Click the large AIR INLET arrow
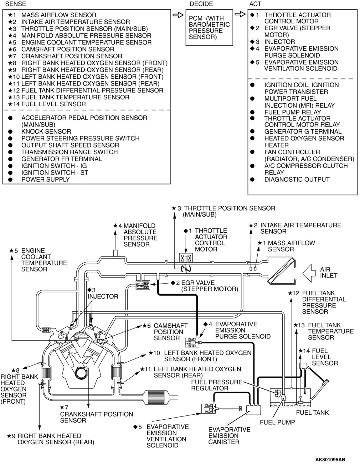coord(310,273)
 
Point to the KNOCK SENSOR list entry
coord(46,131)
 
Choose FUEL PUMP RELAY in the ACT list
coord(292,112)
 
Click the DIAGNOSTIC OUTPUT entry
coord(297,180)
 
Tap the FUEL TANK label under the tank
coord(313,413)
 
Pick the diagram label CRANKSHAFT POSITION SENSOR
coord(96,417)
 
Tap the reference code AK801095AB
coord(330,460)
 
